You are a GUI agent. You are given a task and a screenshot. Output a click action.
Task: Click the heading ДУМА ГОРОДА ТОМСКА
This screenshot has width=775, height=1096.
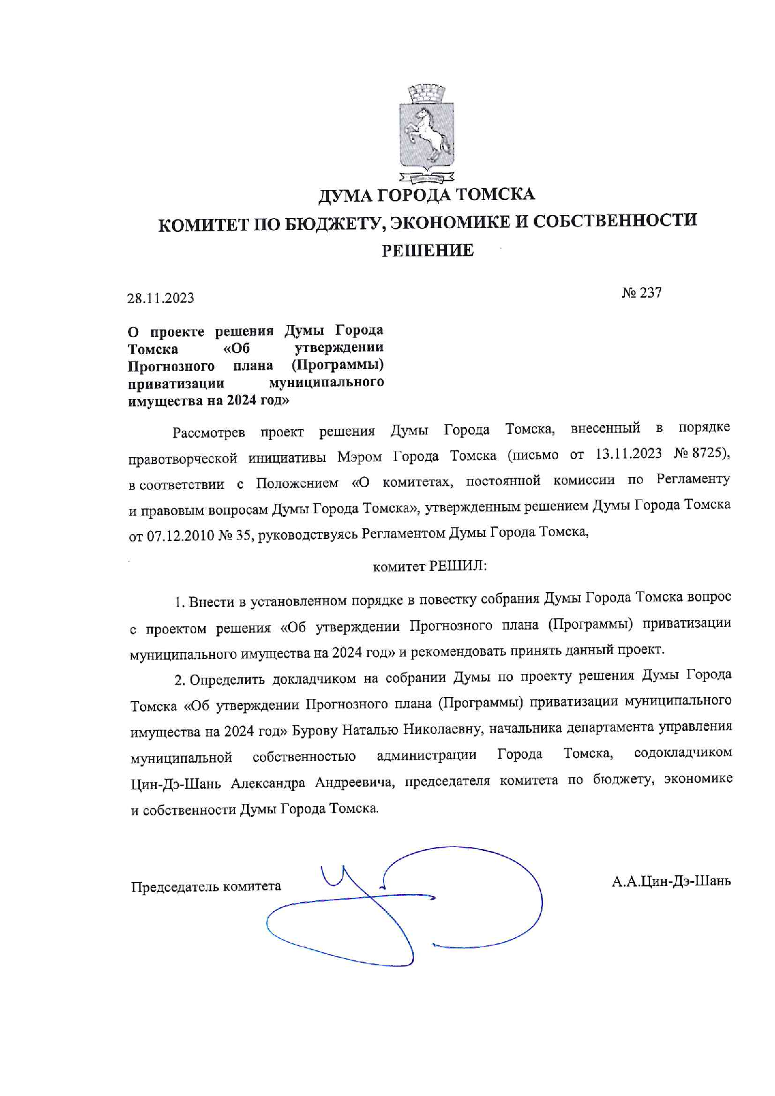427,195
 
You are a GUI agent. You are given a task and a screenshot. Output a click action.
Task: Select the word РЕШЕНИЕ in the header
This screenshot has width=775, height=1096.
427,251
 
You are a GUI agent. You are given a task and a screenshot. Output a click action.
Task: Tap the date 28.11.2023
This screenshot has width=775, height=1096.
161,298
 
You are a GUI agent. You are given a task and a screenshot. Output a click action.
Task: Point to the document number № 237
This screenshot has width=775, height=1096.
641,293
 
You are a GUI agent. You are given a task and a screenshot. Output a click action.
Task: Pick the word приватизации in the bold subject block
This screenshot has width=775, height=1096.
176,383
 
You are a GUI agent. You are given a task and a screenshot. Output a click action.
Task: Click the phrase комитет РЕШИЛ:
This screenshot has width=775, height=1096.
429,566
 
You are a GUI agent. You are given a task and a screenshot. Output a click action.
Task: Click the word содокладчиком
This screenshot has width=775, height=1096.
682,753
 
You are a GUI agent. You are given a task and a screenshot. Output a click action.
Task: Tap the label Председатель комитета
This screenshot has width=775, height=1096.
206,887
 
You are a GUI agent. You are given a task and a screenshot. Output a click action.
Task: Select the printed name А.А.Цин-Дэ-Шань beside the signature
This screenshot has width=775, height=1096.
671,882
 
